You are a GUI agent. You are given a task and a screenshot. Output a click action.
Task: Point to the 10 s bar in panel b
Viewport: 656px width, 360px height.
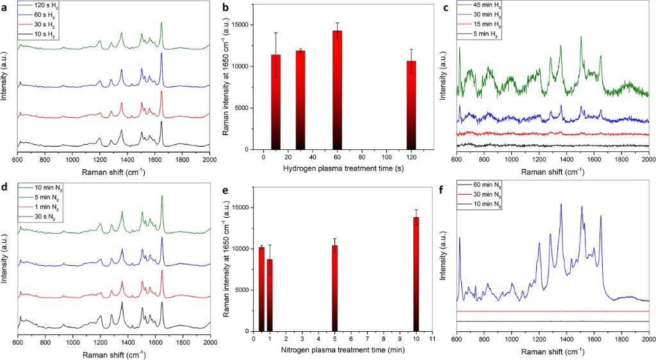click(x=276, y=102)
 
